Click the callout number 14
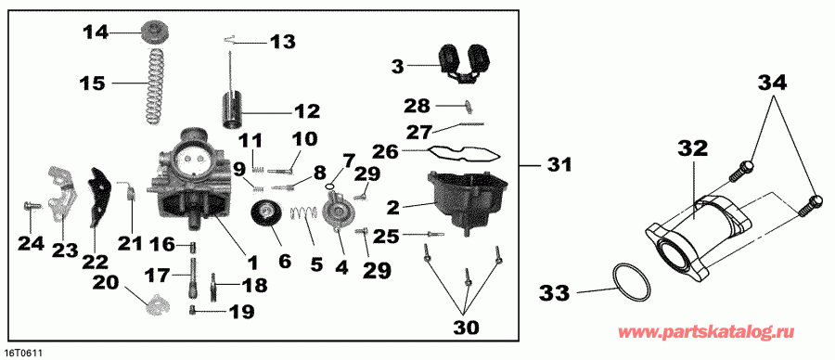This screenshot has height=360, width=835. tap(95, 32)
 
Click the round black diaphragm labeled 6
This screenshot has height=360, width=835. tap(270, 220)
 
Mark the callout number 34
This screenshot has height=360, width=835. tap(773, 84)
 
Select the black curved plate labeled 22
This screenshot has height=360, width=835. tap(95, 196)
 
